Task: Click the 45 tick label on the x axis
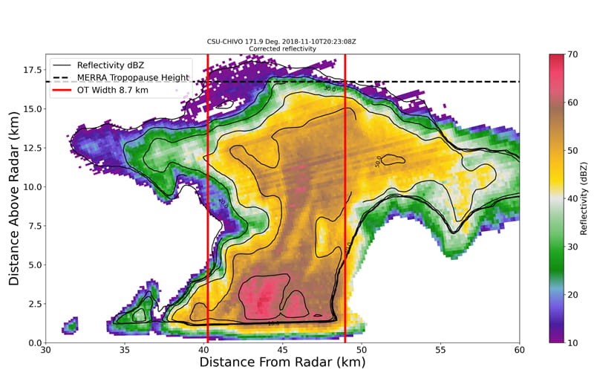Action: click(283, 350)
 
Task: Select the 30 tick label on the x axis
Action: click(46, 350)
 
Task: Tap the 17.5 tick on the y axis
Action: click(46, 70)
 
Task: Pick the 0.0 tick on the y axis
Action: click(46, 342)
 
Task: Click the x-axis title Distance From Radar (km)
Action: click(282, 363)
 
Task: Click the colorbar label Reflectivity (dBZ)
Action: click(585, 198)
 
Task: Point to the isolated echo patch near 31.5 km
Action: click(71, 325)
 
